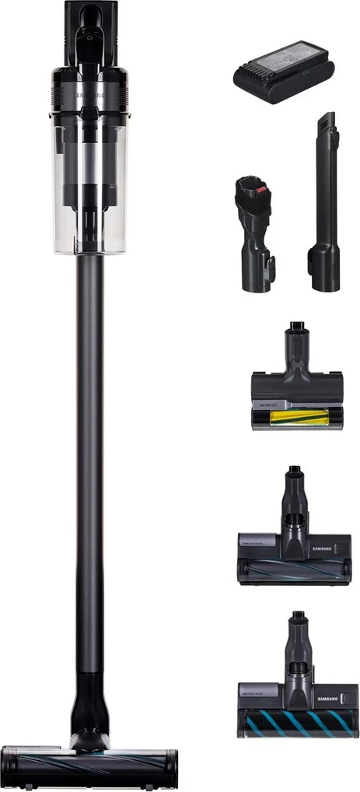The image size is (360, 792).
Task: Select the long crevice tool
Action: [x=326, y=210]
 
